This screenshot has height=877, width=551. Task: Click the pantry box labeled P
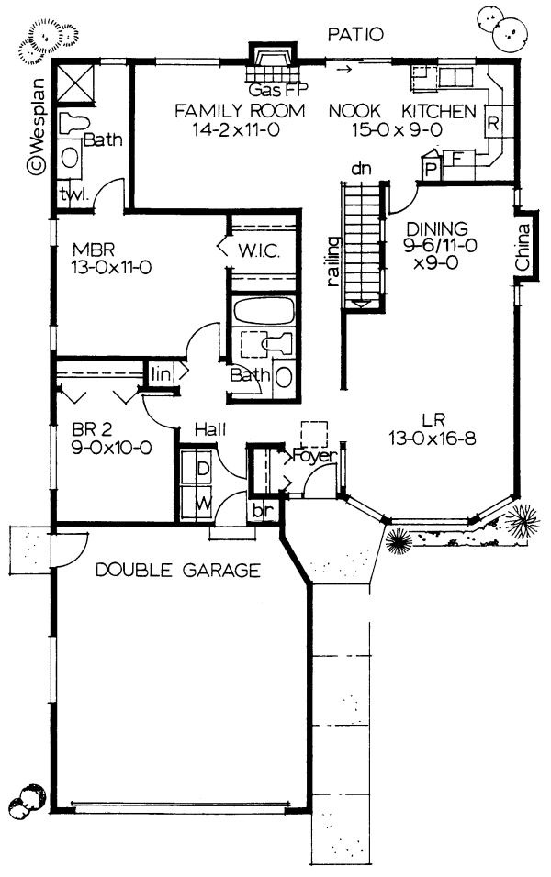click(430, 170)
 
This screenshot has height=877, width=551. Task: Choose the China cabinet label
click(523, 248)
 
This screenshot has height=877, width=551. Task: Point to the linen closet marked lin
click(162, 374)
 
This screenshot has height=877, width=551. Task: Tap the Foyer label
click(314, 455)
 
